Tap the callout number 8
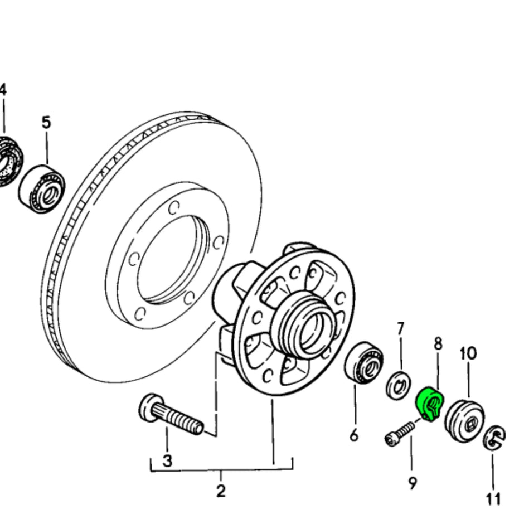coord(438,343)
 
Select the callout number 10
coord(468,353)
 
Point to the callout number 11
coord(493,498)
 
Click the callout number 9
coord(412,483)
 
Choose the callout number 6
coord(354,434)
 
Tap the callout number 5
coord(46,122)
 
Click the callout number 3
coord(167,460)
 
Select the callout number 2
coord(221,491)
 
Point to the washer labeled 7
coord(400,385)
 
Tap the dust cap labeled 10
coord(464,420)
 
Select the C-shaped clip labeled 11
coord(494,438)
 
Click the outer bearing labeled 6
coord(364,362)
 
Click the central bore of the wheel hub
coord(310,332)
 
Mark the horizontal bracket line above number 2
coord(221,470)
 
